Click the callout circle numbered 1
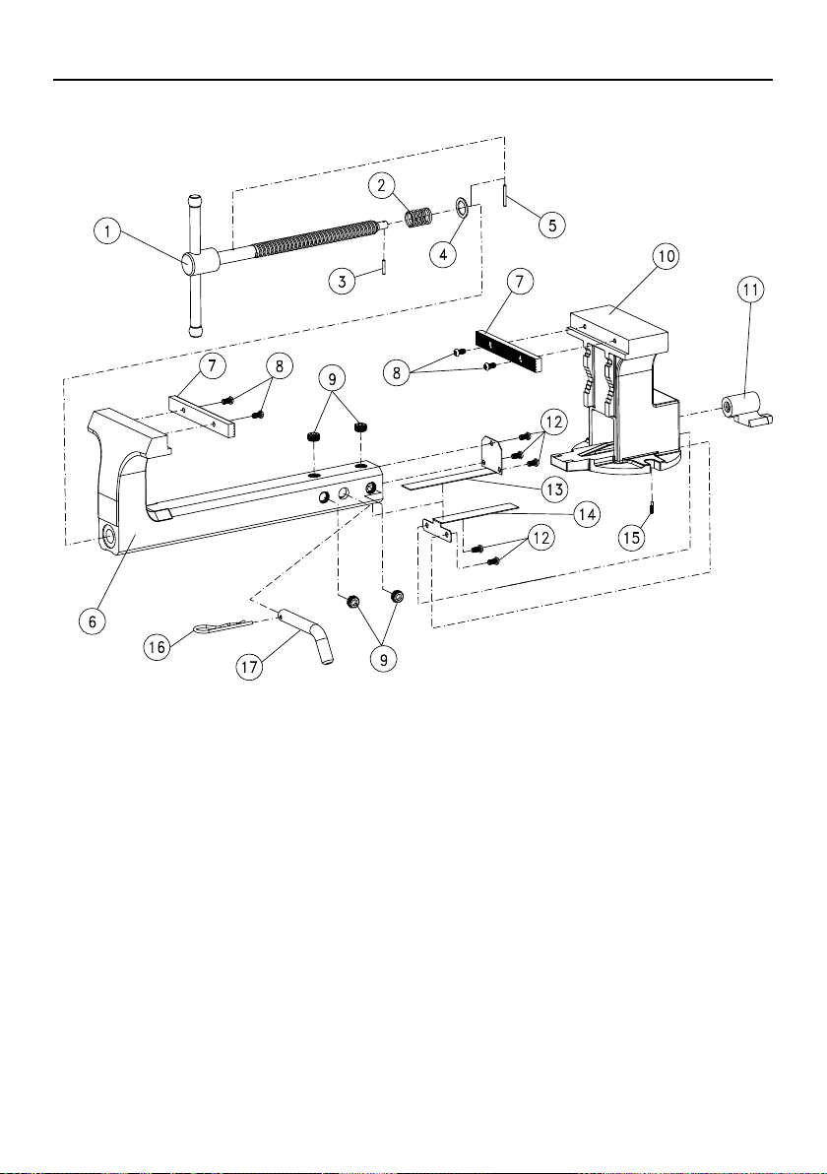107,231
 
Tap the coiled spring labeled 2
420,218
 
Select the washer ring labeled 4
462,206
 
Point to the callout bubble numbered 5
551,224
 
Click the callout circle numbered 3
342,281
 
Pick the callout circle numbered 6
94,620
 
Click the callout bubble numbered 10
666,255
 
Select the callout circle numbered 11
751,289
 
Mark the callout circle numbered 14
586,514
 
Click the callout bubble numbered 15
632,538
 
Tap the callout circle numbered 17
250,667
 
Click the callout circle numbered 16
158,647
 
